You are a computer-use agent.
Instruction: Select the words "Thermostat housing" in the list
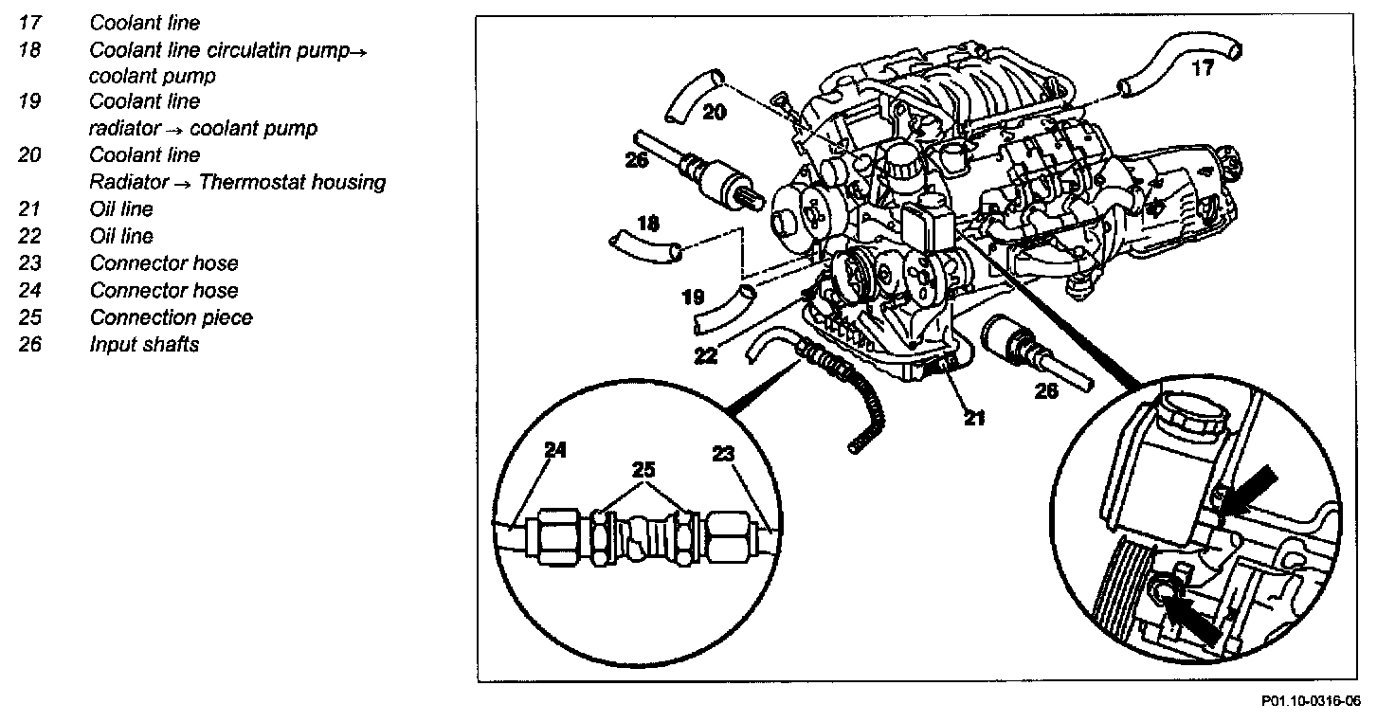[x=292, y=182]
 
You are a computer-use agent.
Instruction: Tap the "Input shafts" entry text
[x=144, y=344]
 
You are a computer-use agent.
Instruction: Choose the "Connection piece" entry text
[x=171, y=317]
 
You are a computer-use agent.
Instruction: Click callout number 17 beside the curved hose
[x=1202, y=68]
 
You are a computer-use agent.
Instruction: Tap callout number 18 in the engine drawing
[x=647, y=224]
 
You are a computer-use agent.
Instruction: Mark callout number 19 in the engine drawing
[x=693, y=298]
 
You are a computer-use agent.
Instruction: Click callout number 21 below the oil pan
[x=974, y=416]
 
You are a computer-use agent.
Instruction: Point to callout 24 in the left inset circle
[x=555, y=451]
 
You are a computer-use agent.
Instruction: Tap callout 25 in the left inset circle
[x=643, y=469]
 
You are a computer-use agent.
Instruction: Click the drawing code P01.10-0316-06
[x=1310, y=701]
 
